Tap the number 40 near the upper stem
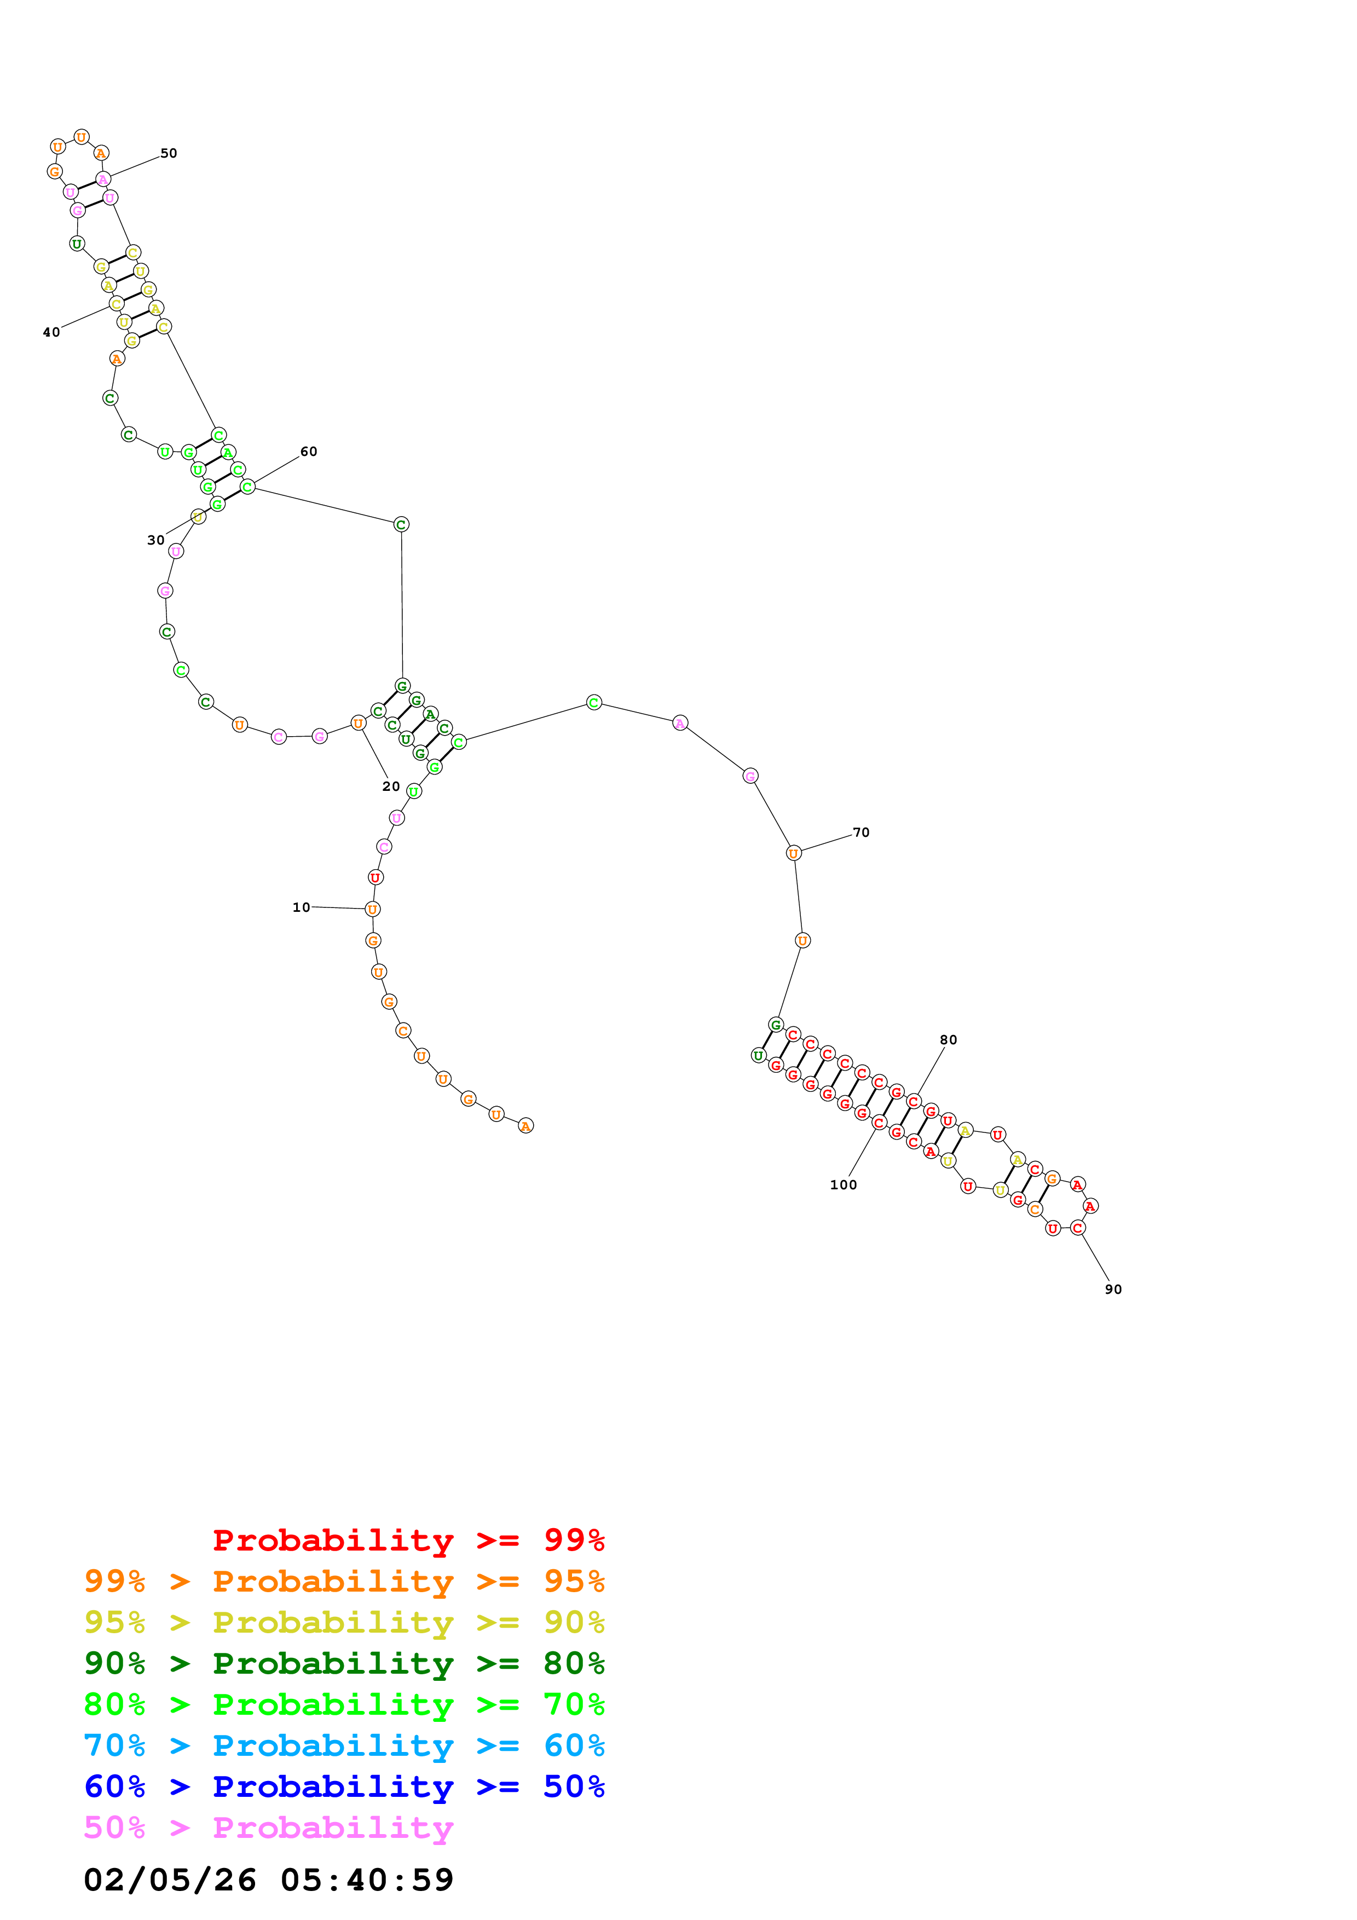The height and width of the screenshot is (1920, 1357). point(51,332)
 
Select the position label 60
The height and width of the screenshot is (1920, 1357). point(309,452)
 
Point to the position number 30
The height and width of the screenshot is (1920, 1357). point(155,540)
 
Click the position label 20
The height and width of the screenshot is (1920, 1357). point(390,786)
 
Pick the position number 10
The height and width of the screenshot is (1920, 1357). point(301,907)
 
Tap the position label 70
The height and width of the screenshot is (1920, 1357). point(861,833)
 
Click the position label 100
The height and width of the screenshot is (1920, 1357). point(843,1185)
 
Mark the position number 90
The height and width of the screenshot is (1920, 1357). point(1113,1289)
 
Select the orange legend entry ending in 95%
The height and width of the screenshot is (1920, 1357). point(344,1581)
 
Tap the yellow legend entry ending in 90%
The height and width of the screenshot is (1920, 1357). point(344,1622)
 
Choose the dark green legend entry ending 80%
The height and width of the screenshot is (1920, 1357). point(344,1663)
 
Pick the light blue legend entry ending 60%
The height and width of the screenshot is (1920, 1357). point(344,1745)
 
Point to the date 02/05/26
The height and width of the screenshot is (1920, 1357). point(170,1880)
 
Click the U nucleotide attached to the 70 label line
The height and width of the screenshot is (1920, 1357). point(794,853)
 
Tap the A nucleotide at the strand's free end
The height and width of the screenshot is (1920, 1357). point(525,1126)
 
